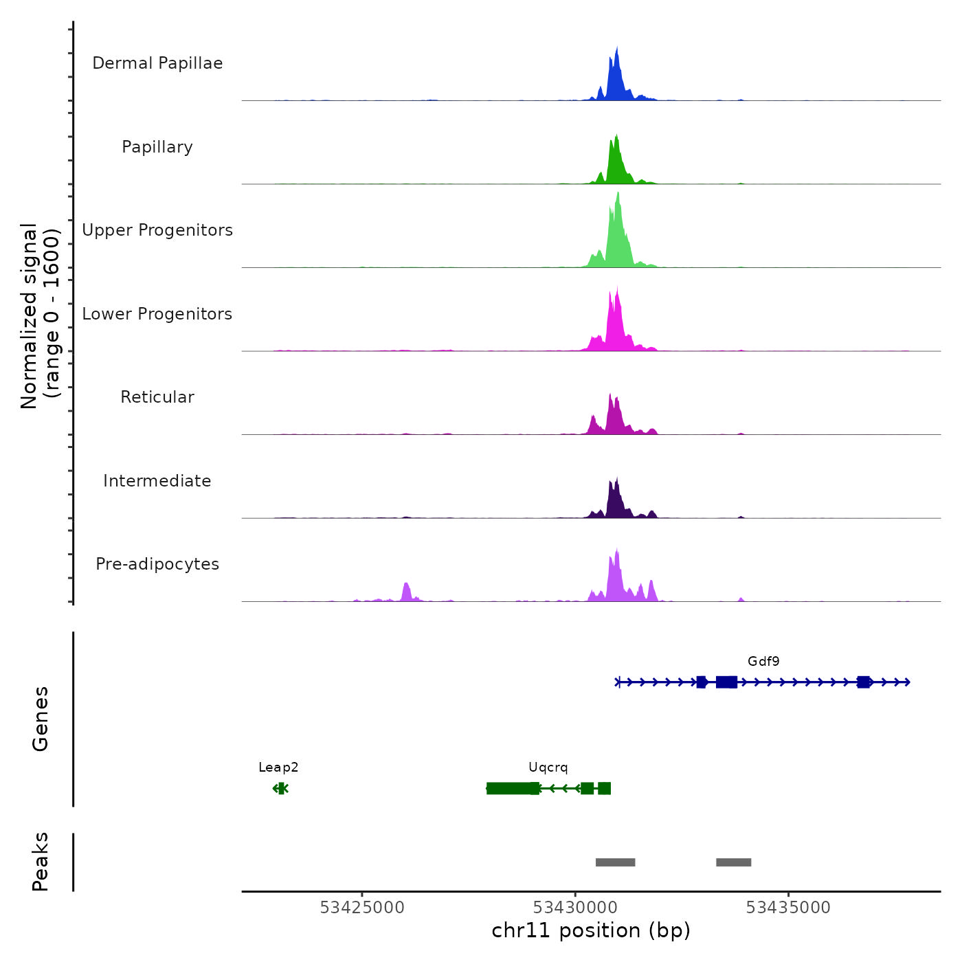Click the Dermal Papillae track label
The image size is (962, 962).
(157, 63)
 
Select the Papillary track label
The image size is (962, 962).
(157, 147)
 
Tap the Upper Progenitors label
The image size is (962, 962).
(157, 230)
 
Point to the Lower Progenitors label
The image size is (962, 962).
(157, 314)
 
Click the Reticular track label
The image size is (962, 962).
(157, 397)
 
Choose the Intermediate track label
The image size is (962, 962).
(157, 481)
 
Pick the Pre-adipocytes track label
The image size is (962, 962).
(157, 564)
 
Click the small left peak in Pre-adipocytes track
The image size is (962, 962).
(406, 592)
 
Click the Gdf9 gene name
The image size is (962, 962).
(763, 662)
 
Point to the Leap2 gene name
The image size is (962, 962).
(278, 768)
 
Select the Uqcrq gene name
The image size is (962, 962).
(548, 768)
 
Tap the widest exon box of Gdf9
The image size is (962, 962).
(726, 682)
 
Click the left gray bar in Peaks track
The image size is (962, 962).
(615, 862)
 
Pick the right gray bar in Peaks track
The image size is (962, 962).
(733, 862)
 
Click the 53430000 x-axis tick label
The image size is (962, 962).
(575, 908)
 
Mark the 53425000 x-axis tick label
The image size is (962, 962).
(362, 908)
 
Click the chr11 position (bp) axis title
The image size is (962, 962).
(591, 930)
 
